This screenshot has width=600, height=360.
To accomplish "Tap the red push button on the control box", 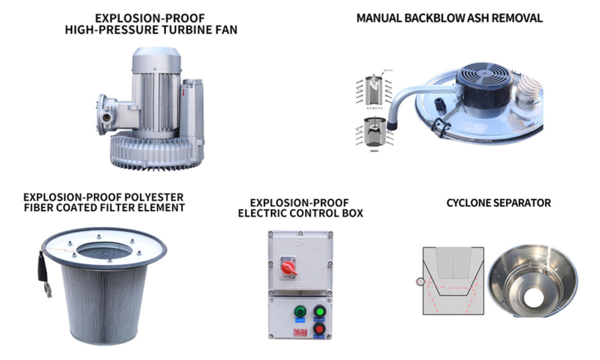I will [x=319, y=328].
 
